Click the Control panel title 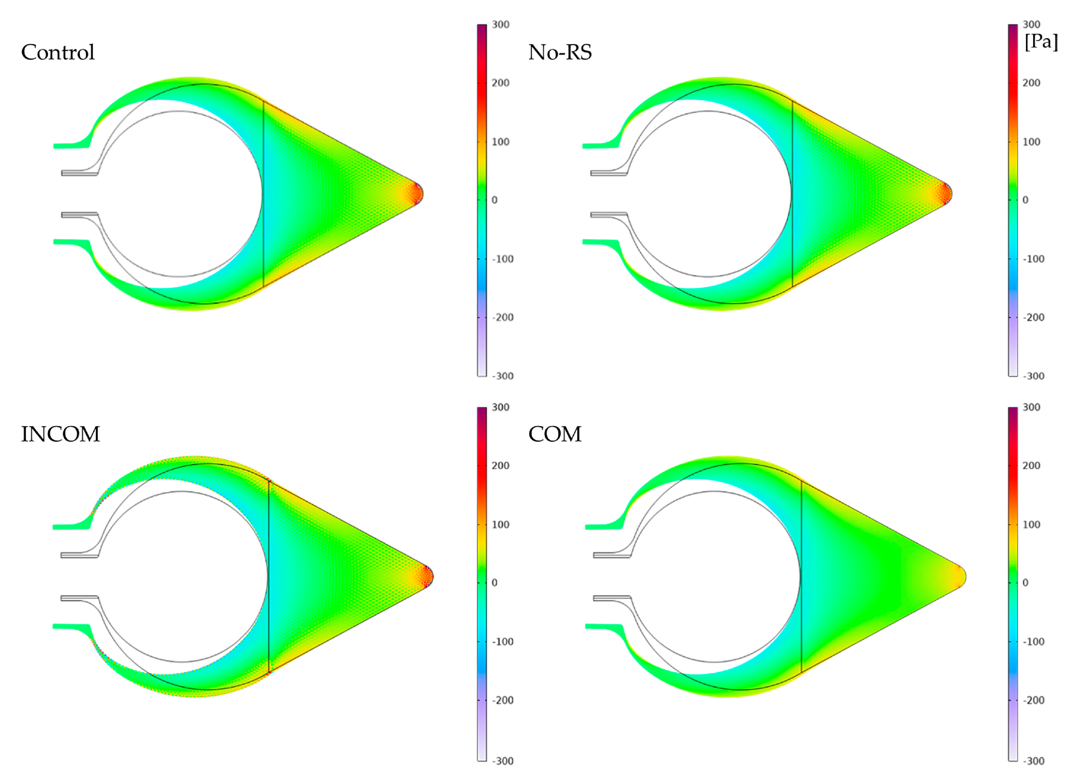click(58, 52)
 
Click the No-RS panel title click(560, 52)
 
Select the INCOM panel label click(61, 434)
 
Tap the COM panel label click(555, 434)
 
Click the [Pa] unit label click(1041, 42)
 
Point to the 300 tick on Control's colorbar click(501, 24)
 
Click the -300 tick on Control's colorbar click(503, 376)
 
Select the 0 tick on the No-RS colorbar click(1026, 200)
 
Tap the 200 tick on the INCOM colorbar click(501, 466)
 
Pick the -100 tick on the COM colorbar click(1033, 642)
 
